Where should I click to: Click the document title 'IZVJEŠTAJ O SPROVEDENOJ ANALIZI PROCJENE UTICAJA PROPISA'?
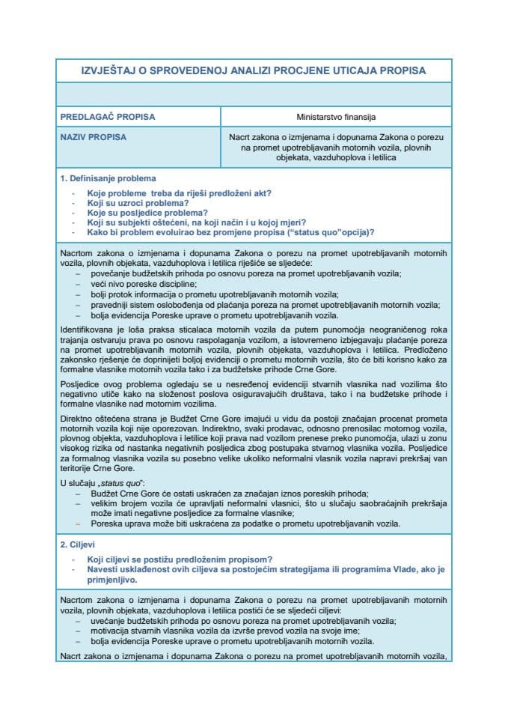(253, 70)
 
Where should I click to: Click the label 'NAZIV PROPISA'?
(92, 137)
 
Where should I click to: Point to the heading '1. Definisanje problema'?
(108, 178)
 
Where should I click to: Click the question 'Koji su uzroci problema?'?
(138, 203)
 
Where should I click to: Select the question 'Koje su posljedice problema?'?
(147, 213)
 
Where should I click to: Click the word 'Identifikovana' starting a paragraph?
(86, 330)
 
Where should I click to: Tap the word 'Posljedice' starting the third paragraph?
(80, 381)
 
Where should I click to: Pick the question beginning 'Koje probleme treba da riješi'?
(179, 192)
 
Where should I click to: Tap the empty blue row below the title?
(253, 94)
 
